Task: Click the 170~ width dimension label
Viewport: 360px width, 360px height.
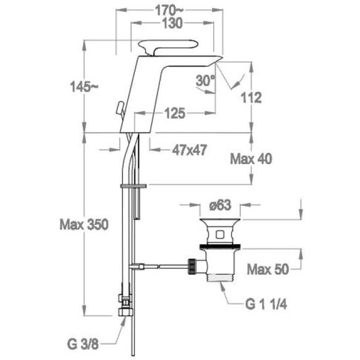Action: click(x=169, y=10)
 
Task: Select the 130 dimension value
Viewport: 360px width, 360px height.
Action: click(x=172, y=23)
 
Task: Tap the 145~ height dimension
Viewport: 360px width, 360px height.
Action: click(x=84, y=87)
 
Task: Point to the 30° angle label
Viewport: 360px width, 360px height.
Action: click(x=206, y=80)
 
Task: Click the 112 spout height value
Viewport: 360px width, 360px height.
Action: click(x=251, y=98)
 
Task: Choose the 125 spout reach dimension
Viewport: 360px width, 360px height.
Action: click(x=175, y=113)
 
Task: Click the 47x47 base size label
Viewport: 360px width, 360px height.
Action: click(x=190, y=150)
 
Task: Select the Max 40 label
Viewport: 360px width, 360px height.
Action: click(x=251, y=158)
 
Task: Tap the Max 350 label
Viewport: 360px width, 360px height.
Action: click(x=84, y=224)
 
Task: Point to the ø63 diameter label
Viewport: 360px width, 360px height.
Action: click(x=220, y=205)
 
